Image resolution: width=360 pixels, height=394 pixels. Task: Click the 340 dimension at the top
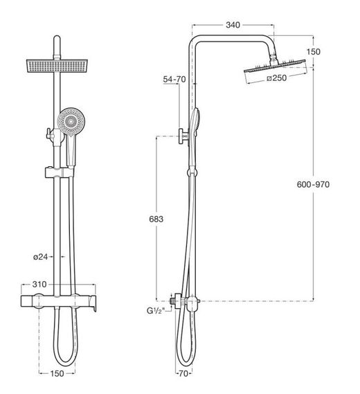233,26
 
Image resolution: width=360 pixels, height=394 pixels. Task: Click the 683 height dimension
156,219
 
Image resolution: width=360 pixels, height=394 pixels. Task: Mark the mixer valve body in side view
184,301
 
